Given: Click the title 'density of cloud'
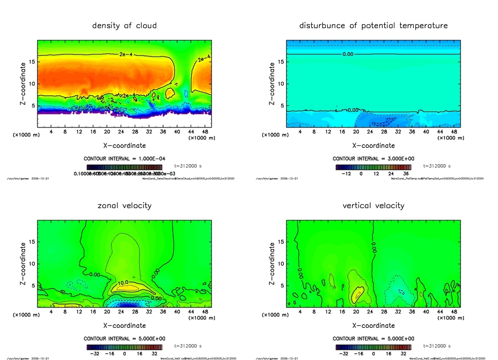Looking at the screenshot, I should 124,25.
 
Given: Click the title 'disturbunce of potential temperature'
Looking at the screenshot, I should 373,25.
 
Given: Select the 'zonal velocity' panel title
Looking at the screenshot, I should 124,205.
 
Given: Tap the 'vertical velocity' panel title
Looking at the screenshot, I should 373,205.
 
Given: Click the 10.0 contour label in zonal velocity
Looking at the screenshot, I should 123,282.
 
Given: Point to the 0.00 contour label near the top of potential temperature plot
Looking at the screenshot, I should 348,54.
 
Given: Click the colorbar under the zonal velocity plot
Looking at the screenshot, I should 124,347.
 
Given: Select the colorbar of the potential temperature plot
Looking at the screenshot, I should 373,166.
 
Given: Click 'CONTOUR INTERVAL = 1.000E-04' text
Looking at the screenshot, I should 124,159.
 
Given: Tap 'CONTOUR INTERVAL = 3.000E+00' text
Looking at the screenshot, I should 373,159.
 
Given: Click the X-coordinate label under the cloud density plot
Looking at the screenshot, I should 124,145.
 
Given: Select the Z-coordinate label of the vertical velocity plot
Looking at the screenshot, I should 272,264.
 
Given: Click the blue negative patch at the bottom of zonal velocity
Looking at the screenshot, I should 124,304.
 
